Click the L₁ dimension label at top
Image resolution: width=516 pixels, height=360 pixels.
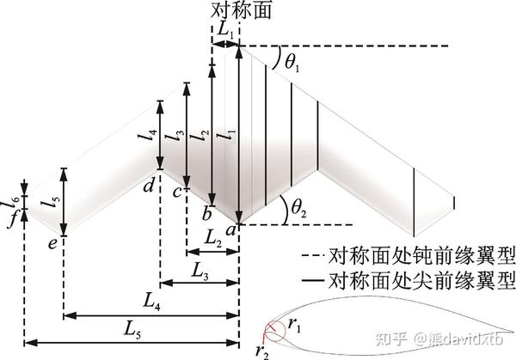click(225, 28)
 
